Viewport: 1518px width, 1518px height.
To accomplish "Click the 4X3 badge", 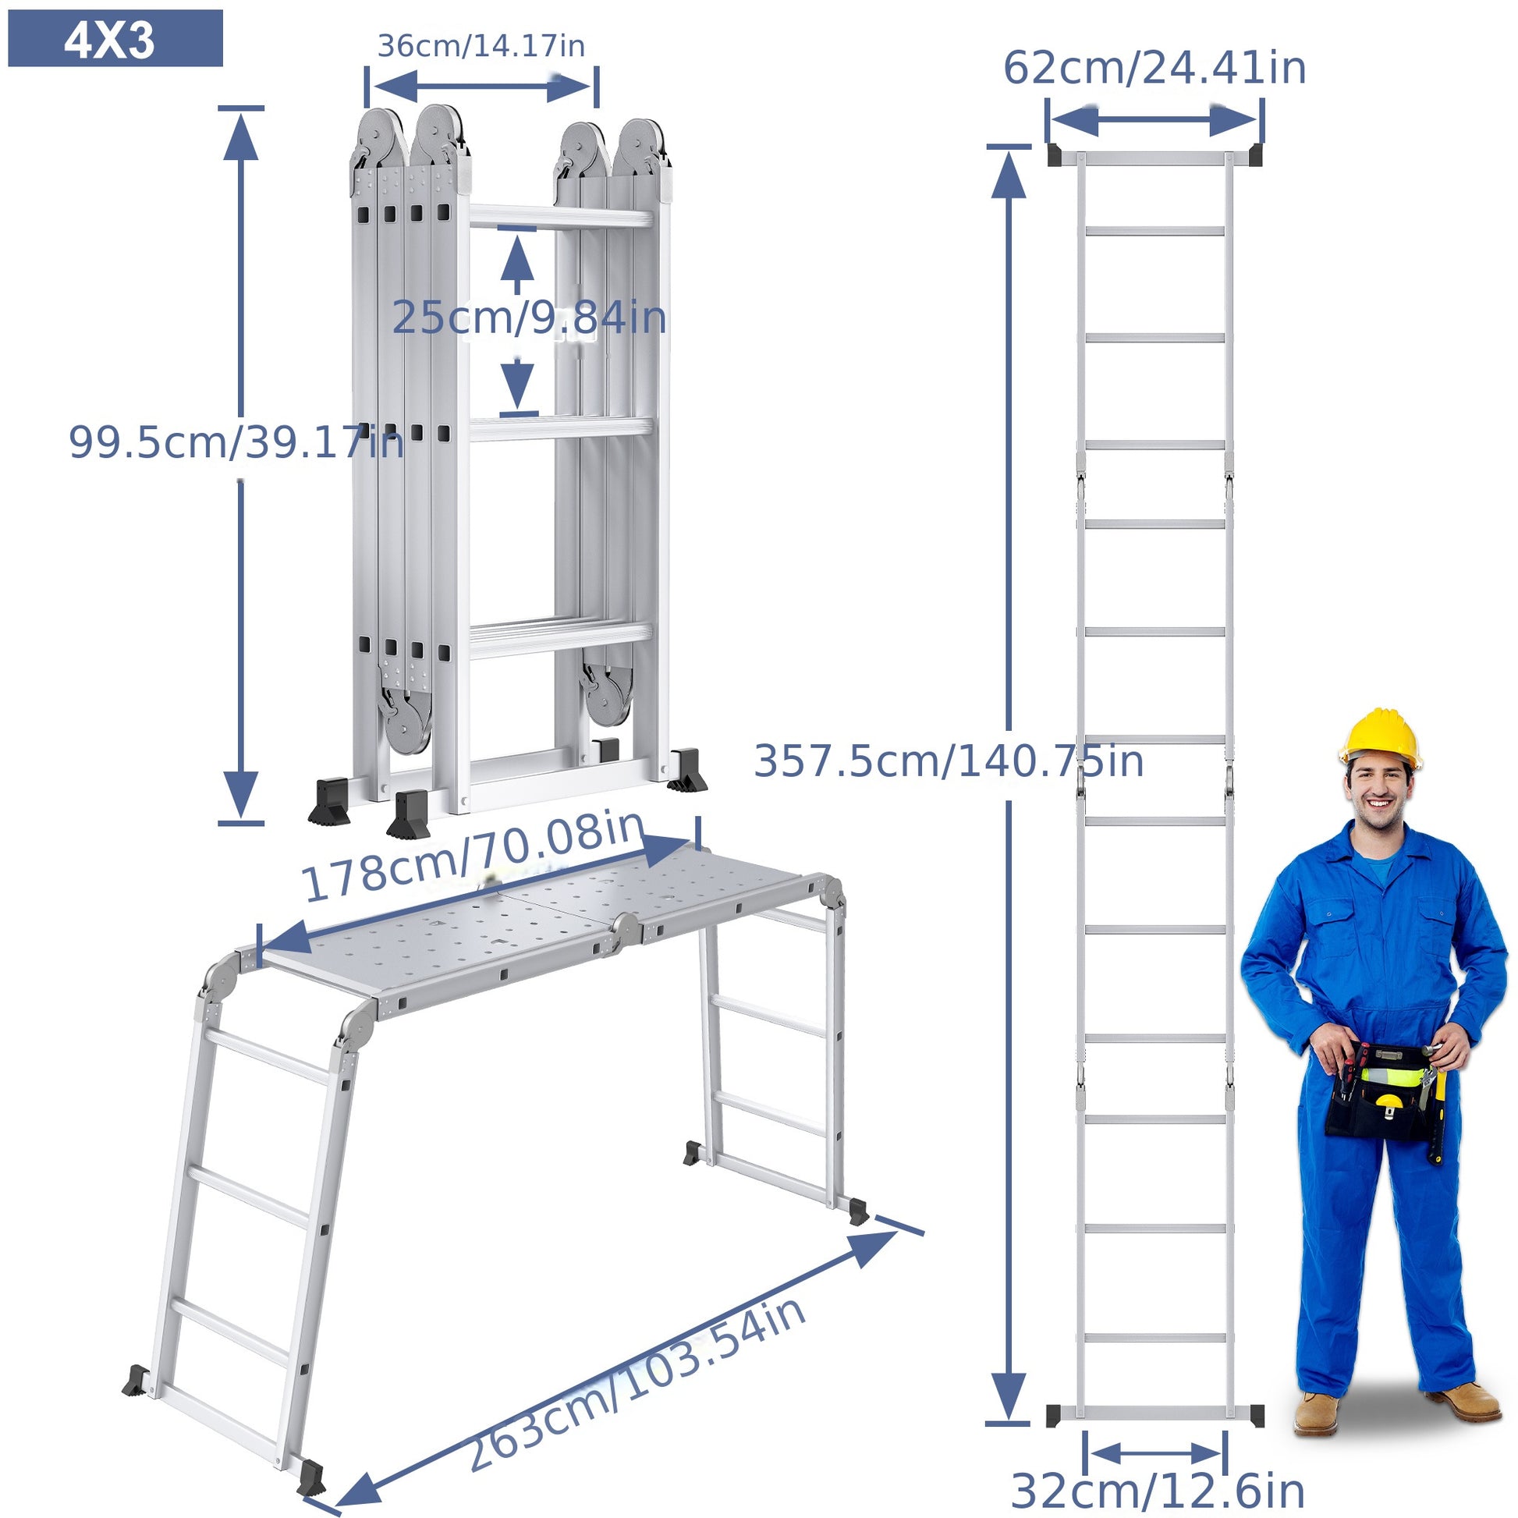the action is pos(115,38).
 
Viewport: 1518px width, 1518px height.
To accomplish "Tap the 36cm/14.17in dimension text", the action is pos(481,45).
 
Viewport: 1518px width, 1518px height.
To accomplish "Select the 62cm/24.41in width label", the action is pos(1154,68).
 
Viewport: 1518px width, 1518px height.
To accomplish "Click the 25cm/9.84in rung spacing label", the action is pos(529,318).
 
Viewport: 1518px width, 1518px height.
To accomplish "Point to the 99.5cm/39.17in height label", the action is pos(236,442).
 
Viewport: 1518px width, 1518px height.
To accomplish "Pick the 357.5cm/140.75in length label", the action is pos(949,761).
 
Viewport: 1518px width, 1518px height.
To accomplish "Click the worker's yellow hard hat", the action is pos(1381,739).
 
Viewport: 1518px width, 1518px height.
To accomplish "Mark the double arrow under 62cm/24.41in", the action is pos(1154,121).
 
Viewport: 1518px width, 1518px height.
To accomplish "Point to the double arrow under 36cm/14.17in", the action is pos(481,87).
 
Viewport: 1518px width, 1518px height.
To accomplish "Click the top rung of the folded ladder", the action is pos(561,216).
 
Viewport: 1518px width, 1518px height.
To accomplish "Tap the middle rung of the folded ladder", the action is pos(561,429).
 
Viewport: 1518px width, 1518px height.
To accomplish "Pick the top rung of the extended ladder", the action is pos(1155,231).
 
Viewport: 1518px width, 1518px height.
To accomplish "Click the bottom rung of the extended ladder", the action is pos(1155,1337).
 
